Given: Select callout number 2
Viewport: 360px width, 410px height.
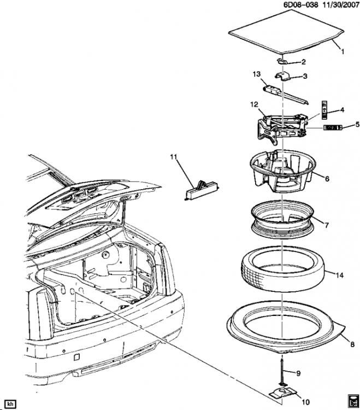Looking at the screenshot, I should point(304,62).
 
